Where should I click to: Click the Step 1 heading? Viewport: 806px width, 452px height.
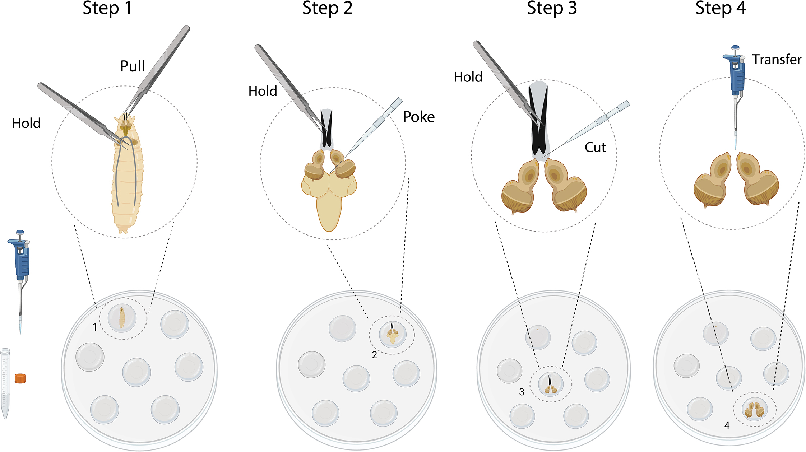[x=107, y=8]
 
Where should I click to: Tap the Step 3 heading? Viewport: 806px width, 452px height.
[x=552, y=8]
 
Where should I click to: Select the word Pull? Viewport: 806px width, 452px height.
[x=132, y=66]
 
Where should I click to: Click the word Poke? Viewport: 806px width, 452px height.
[x=418, y=117]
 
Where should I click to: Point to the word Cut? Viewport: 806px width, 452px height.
[x=595, y=147]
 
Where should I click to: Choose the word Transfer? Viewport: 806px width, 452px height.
[x=777, y=60]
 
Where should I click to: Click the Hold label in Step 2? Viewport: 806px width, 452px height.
[x=263, y=91]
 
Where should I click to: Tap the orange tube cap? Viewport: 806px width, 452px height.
[x=20, y=378]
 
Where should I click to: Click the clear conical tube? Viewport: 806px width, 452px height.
[x=5, y=382]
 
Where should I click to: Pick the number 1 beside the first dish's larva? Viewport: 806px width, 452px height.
[x=95, y=327]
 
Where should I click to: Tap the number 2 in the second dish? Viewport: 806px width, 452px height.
[x=374, y=355]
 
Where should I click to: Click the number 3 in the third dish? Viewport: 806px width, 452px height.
[x=522, y=392]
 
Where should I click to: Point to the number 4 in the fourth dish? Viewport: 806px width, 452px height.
[x=727, y=425]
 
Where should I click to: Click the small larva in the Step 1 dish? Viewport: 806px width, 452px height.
[x=122, y=318]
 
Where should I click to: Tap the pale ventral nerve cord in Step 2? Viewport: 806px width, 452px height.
[x=329, y=212]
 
